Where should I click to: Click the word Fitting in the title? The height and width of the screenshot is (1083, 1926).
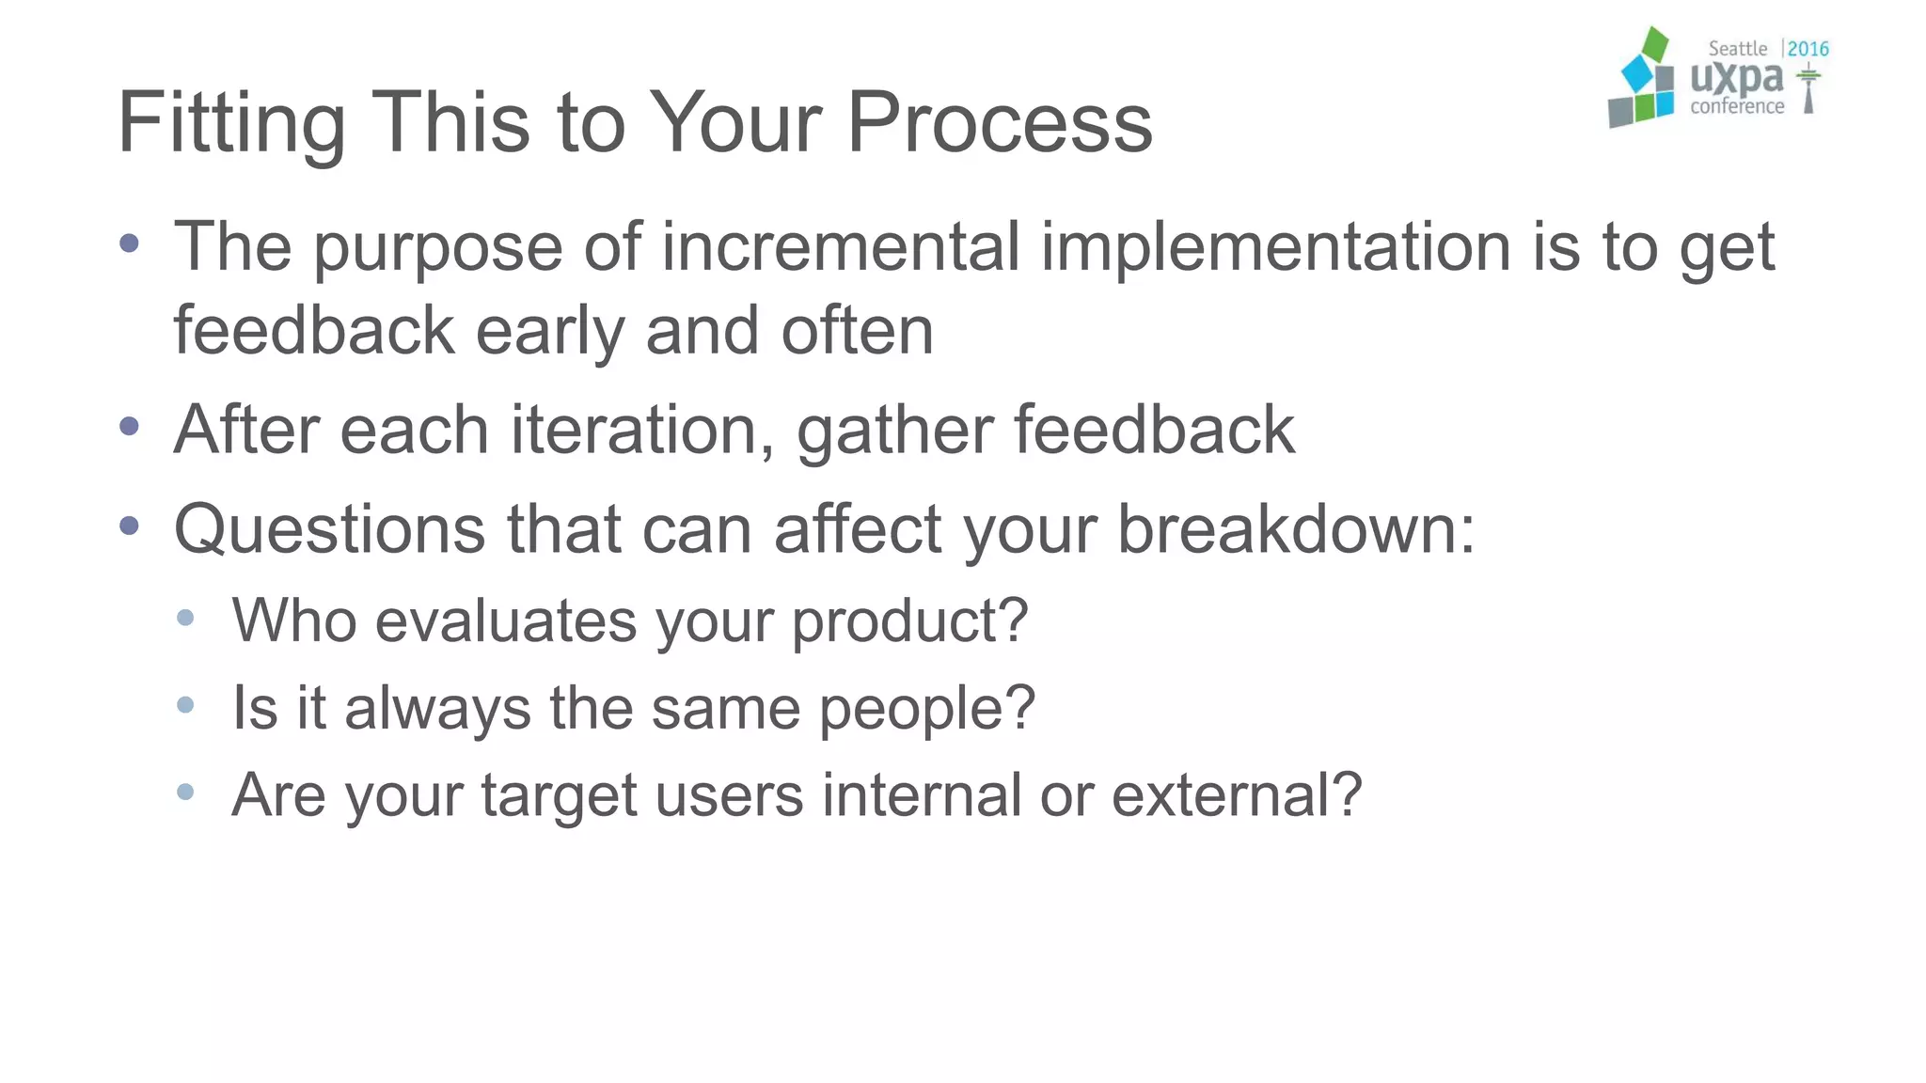pos(231,123)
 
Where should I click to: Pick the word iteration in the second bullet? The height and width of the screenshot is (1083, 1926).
pos(642,430)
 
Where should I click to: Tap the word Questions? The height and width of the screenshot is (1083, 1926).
pos(330,529)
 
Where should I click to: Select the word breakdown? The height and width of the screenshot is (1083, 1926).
pos(1295,529)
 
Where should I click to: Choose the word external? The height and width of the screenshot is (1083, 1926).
pos(1236,795)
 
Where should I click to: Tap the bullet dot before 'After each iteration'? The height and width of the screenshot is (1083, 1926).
pos(130,427)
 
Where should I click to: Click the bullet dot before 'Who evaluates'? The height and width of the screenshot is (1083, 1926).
pos(185,618)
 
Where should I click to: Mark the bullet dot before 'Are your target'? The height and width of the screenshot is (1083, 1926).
pos(185,792)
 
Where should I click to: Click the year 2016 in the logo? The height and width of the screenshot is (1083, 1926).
pos(1808,49)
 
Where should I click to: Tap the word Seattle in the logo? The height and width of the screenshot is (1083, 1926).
pos(1737,49)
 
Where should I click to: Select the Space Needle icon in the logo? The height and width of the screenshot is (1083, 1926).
pos(1808,89)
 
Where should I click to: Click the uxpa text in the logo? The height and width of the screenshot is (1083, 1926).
pos(1736,77)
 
